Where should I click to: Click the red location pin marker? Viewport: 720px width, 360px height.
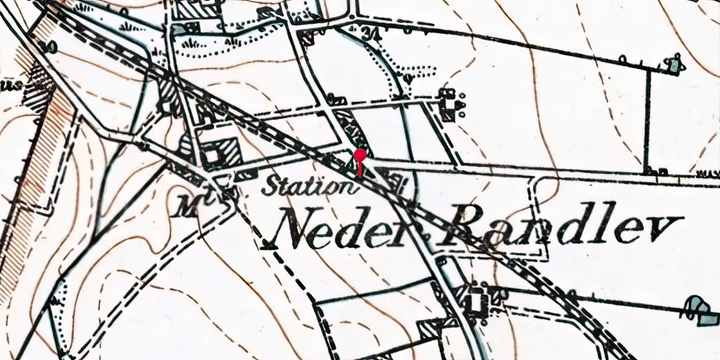click(x=360, y=156)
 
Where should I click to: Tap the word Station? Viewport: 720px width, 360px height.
click(x=310, y=187)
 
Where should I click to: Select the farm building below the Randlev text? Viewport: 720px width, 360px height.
click(x=475, y=299)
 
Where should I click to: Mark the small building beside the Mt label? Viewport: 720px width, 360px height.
click(x=225, y=192)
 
